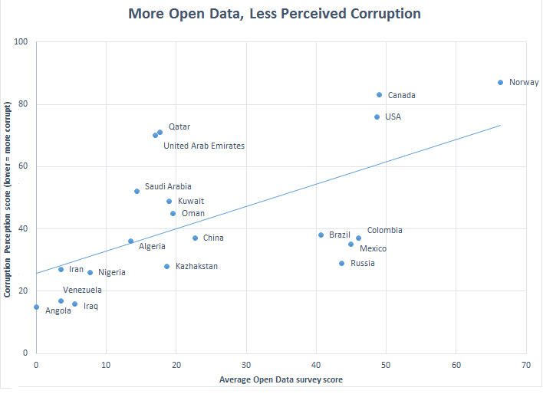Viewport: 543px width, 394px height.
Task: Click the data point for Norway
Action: tap(500, 82)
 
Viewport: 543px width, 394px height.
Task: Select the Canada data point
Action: tap(379, 95)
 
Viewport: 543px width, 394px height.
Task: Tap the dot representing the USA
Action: tap(377, 117)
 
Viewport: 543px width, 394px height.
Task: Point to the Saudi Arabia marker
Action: tap(137, 191)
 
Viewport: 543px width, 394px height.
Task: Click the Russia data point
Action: tap(342, 263)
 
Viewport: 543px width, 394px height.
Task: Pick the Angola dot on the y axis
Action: tap(36, 307)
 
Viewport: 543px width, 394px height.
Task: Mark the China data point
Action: tap(195, 238)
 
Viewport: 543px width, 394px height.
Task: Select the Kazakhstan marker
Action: tap(166, 266)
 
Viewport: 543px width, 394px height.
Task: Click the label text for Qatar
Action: tap(179, 126)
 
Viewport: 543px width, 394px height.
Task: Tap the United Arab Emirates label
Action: tap(204, 146)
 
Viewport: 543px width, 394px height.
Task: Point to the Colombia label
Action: tap(384, 230)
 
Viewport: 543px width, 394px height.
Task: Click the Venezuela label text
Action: tap(82, 290)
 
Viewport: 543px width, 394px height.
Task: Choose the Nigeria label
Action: tap(112, 272)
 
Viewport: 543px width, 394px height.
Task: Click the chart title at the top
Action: tap(274, 14)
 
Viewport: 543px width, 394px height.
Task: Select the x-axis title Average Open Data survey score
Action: tap(280, 379)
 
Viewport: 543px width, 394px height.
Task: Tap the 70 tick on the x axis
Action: tap(526, 363)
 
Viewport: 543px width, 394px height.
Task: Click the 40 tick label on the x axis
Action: tap(316, 363)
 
